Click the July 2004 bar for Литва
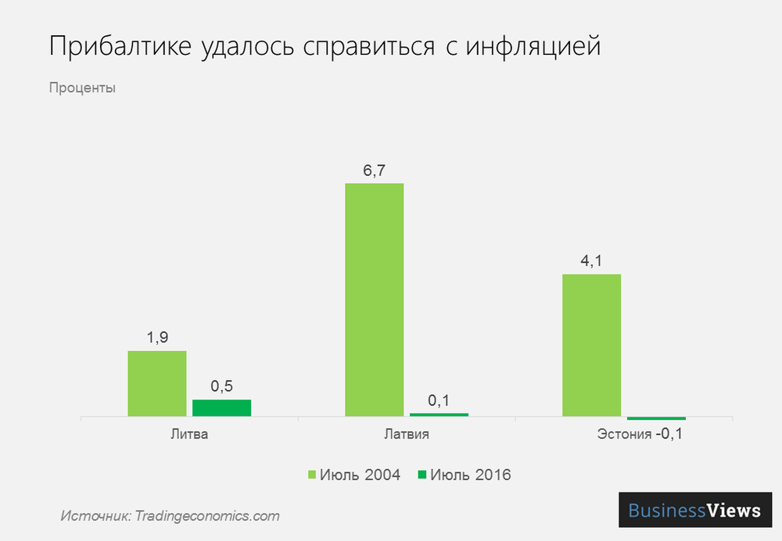click(x=157, y=383)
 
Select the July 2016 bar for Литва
click(x=221, y=408)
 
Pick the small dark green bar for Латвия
click(x=439, y=414)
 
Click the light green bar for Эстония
click(x=591, y=345)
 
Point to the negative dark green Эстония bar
click(x=656, y=418)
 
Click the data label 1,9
click(x=157, y=338)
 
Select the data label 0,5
click(x=221, y=386)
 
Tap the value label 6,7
click(x=374, y=170)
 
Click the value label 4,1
click(x=591, y=261)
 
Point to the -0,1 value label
click(x=669, y=434)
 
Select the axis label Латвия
click(x=406, y=434)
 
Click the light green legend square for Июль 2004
click(x=312, y=475)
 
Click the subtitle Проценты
click(x=82, y=88)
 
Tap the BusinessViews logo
click(x=695, y=511)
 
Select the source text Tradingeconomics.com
click(x=206, y=516)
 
